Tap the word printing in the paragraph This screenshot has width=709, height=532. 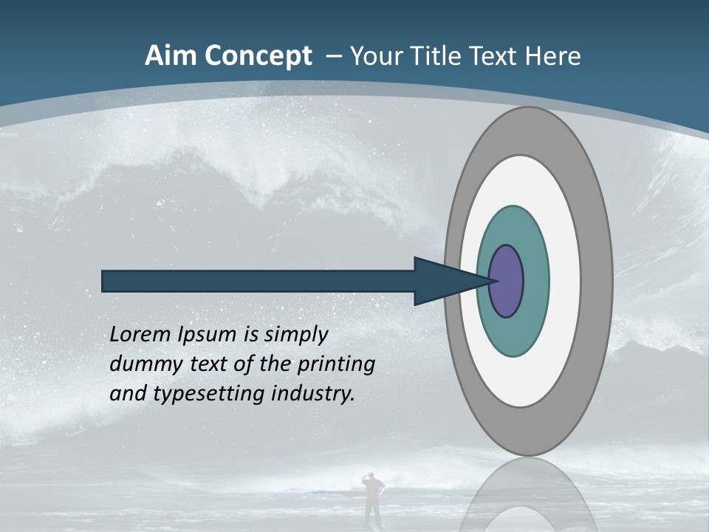[336, 364]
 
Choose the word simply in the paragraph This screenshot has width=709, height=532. [295, 335]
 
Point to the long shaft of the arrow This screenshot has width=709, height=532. [258, 282]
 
